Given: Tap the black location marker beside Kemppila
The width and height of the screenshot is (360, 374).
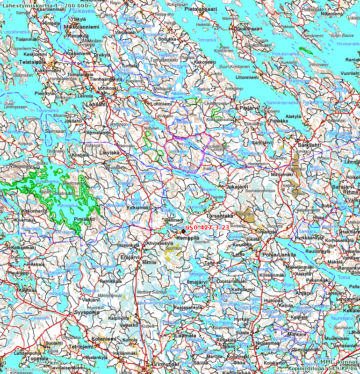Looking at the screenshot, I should (x=184, y=231).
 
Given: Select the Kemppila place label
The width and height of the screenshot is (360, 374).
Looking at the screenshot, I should (x=187, y=238).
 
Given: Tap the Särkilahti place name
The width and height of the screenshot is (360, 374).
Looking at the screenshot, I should (x=309, y=145).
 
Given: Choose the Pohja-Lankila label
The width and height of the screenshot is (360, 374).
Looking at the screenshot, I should (x=279, y=255).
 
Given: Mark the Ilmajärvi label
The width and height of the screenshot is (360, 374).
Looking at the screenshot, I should (x=196, y=283).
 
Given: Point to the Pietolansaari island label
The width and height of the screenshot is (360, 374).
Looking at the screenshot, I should (x=201, y=9).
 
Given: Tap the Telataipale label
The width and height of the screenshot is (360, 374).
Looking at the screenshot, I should (x=32, y=62).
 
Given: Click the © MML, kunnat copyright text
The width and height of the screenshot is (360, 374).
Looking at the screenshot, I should (x=335, y=362).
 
